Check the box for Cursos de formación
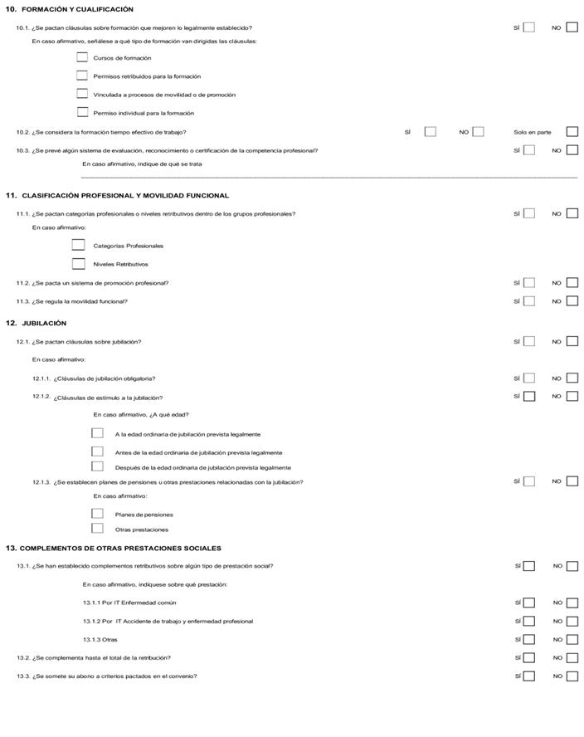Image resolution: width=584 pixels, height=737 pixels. tap(82, 57)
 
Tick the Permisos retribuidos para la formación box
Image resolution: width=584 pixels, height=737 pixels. tap(82, 76)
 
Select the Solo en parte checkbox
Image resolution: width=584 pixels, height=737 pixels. tap(572, 132)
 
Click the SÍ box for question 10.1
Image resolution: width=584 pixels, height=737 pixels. tap(529, 27)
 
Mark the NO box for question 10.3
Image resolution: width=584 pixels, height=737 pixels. tap(572, 150)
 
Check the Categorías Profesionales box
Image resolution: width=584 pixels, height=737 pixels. tap(79, 245)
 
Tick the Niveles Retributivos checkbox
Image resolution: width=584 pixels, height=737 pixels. tap(79, 264)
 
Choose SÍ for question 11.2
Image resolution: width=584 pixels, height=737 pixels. tap(529, 283)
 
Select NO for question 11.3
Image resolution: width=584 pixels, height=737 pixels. tap(572, 301)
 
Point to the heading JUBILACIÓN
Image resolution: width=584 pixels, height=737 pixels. tap(44, 323)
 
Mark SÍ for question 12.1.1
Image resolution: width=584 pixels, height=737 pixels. tap(529, 378)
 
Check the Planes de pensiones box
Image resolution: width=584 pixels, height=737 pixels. tap(98, 514)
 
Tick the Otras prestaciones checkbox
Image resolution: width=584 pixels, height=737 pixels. tap(98, 529)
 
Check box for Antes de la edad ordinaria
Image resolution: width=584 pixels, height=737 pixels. tap(98, 452)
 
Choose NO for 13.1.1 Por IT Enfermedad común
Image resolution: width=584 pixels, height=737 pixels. tap(572, 603)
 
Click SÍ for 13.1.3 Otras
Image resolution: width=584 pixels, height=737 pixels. tap(529, 640)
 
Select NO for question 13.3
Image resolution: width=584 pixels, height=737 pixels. tap(572, 676)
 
